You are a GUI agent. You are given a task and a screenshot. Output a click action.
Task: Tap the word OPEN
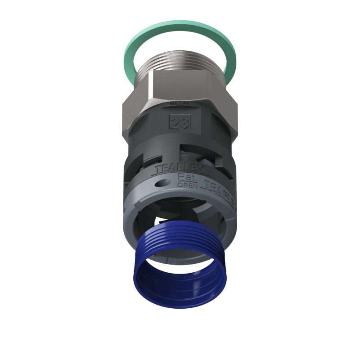tap(185, 184)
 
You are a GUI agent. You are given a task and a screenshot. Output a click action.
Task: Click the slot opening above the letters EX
tap(198, 157)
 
